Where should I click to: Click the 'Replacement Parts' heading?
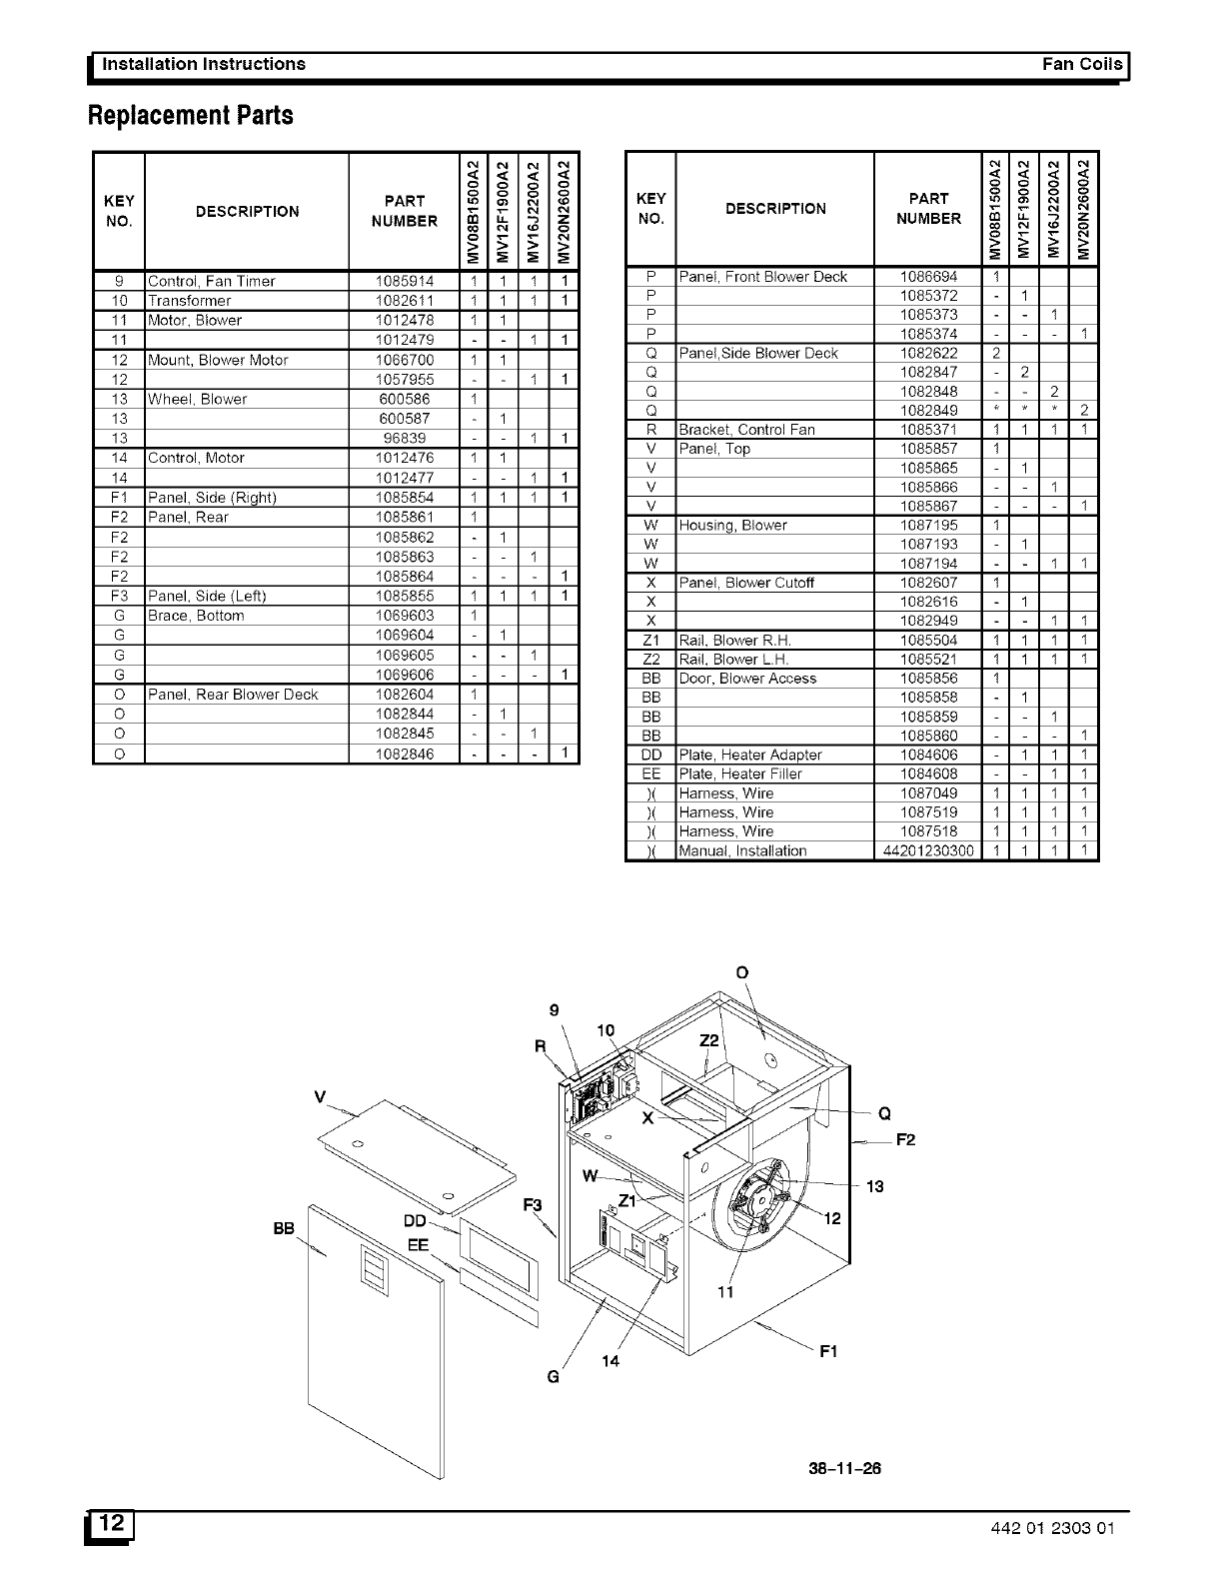coord(191,116)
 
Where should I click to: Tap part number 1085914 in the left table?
coord(404,281)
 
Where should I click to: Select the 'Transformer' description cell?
coord(189,301)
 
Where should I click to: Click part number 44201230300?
coord(928,850)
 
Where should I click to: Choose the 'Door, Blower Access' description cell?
coord(747,679)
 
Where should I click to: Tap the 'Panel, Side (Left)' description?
coord(207,596)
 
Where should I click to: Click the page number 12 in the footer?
coord(112,1524)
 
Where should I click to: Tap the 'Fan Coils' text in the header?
coord(1082,64)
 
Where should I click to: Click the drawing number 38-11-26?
coord(844,1468)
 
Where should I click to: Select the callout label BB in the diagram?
coord(284,1228)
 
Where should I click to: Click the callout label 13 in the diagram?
coord(875,1186)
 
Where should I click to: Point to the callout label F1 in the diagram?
coord(828,1352)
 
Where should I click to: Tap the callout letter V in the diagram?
coord(320,1096)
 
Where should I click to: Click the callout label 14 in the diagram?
coord(610,1360)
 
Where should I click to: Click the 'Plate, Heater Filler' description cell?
coord(740,774)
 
